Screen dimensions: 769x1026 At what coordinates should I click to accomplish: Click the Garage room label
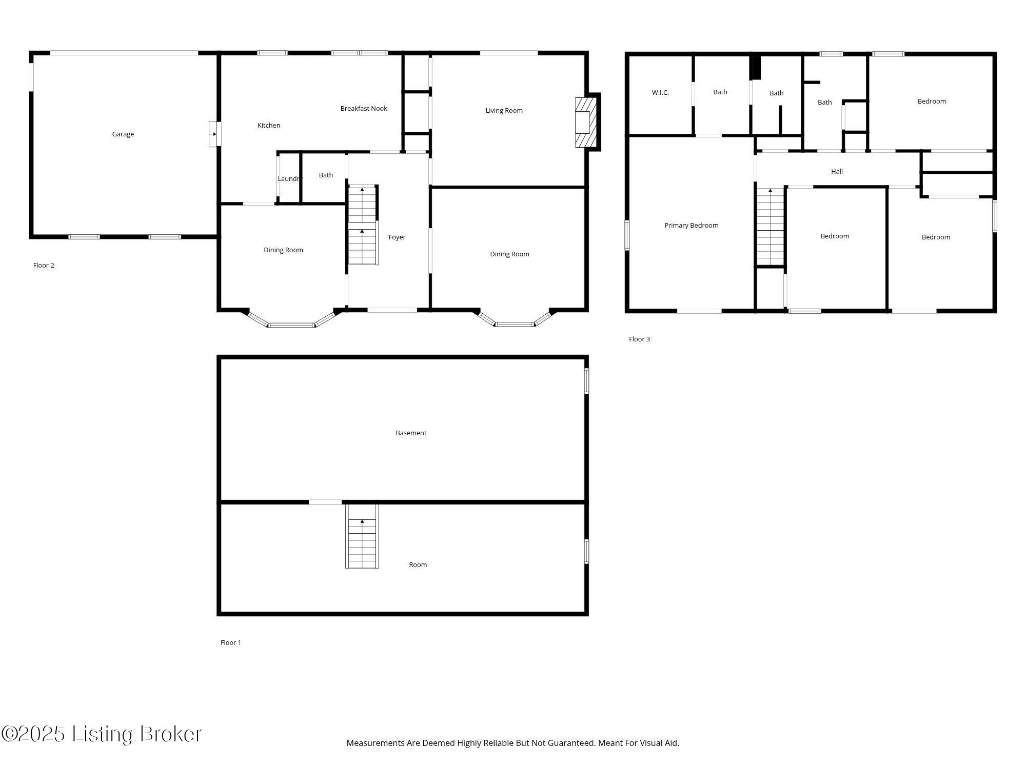pyautogui.click(x=123, y=134)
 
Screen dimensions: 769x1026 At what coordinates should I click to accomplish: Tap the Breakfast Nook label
pyautogui.click(x=364, y=109)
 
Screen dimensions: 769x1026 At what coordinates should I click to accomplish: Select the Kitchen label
pyautogui.click(x=269, y=126)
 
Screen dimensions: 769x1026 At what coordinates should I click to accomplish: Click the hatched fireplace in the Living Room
pyautogui.click(x=585, y=123)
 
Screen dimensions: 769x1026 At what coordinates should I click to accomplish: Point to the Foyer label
pyautogui.click(x=397, y=237)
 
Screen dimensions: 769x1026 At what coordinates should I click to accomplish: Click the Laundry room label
pyautogui.click(x=289, y=179)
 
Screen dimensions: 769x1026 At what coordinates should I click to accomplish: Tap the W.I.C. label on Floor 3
pyautogui.click(x=660, y=93)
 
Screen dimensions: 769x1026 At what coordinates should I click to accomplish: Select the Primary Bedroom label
pyautogui.click(x=691, y=226)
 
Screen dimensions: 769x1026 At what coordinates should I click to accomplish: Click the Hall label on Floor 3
pyautogui.click(x=837, y=172)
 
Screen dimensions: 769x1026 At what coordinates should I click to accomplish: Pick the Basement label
pyautogui.click(x=411, y=433)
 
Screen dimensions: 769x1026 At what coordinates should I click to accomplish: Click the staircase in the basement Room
pyautogui.click(x=362, y=538)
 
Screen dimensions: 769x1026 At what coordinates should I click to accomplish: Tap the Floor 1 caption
pyautogui.click(x=231, y=643)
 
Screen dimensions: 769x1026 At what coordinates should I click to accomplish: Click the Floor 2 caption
pyautogui.click(x=44, y=266)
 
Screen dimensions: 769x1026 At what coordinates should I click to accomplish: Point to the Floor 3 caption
pyautogui.click(x=639, y=339)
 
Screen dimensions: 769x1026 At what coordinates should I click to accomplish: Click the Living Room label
pyautogui.click(x=504, y=111)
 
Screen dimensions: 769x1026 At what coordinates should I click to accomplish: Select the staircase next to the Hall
pyautogui.click(x=771, y=227)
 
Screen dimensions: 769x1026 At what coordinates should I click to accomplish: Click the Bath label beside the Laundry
pyautogui.click(x=326, y=175)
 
